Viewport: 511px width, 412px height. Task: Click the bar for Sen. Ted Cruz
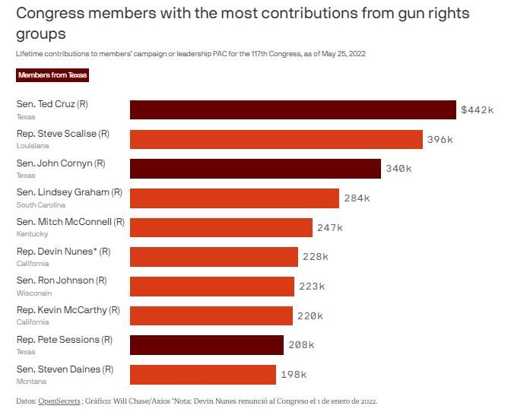[293, 110]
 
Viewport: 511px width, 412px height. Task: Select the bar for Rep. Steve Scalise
[276, 139]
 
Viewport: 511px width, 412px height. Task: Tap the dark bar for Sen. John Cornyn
[255, 169]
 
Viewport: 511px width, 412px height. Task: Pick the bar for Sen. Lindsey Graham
[234, 198]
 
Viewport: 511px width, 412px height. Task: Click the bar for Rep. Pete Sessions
[207, 345]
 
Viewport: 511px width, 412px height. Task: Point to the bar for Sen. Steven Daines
[203, 375]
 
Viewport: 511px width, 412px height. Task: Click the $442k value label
[478, 110]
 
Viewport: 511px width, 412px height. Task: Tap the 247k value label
[330, 228]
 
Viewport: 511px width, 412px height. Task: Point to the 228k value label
[316, 257]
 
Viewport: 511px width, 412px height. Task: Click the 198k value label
[294, 375]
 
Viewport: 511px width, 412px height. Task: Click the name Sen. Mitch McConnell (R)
[70, 222]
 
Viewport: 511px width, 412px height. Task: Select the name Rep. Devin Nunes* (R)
[63, 252]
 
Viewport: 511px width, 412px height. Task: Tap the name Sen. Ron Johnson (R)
[63, 280]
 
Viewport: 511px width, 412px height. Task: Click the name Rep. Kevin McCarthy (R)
[68, 310]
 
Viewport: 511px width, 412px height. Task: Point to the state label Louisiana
[33, 145]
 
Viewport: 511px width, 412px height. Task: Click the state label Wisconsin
[33, 293]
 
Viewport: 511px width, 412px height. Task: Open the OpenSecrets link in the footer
[60, 401]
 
